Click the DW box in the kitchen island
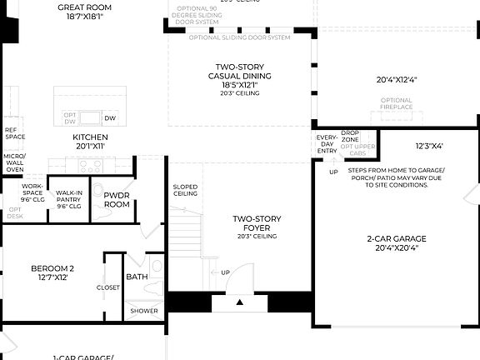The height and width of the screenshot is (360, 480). coord(111,117)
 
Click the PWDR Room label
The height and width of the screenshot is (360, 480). coord(117,199)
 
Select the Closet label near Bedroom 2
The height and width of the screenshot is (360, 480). coord(108,287)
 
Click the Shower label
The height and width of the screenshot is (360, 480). coord(142,312)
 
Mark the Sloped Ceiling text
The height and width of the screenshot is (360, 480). coord(185,190)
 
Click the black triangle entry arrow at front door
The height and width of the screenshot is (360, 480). coord(240,302)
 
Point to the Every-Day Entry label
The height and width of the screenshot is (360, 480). coord(327,143)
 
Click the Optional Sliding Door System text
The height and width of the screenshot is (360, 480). coord(240,37)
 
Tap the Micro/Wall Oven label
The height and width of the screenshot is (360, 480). coord(14,162)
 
